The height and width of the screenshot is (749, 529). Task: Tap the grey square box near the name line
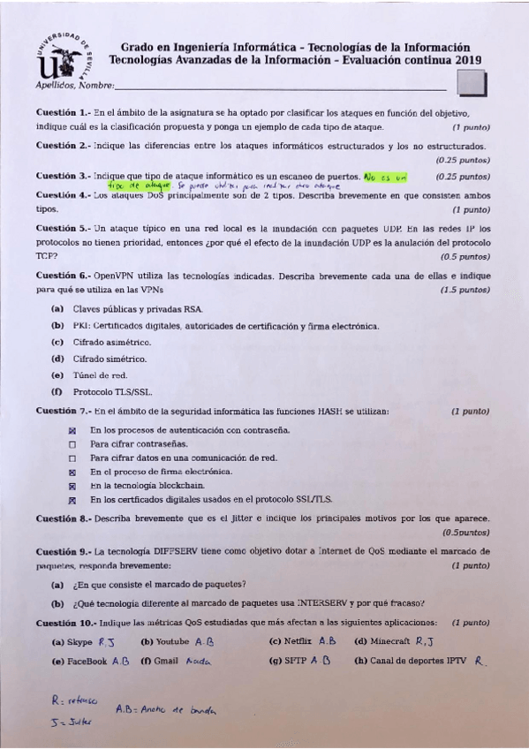click(474, 83)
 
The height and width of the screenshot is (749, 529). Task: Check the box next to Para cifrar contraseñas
click(74, 444)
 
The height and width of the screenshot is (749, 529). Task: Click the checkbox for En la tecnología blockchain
click(74, 487)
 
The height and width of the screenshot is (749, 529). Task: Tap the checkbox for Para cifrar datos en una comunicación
click(74, 458)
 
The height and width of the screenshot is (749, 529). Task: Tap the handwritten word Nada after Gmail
click(196, 661)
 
